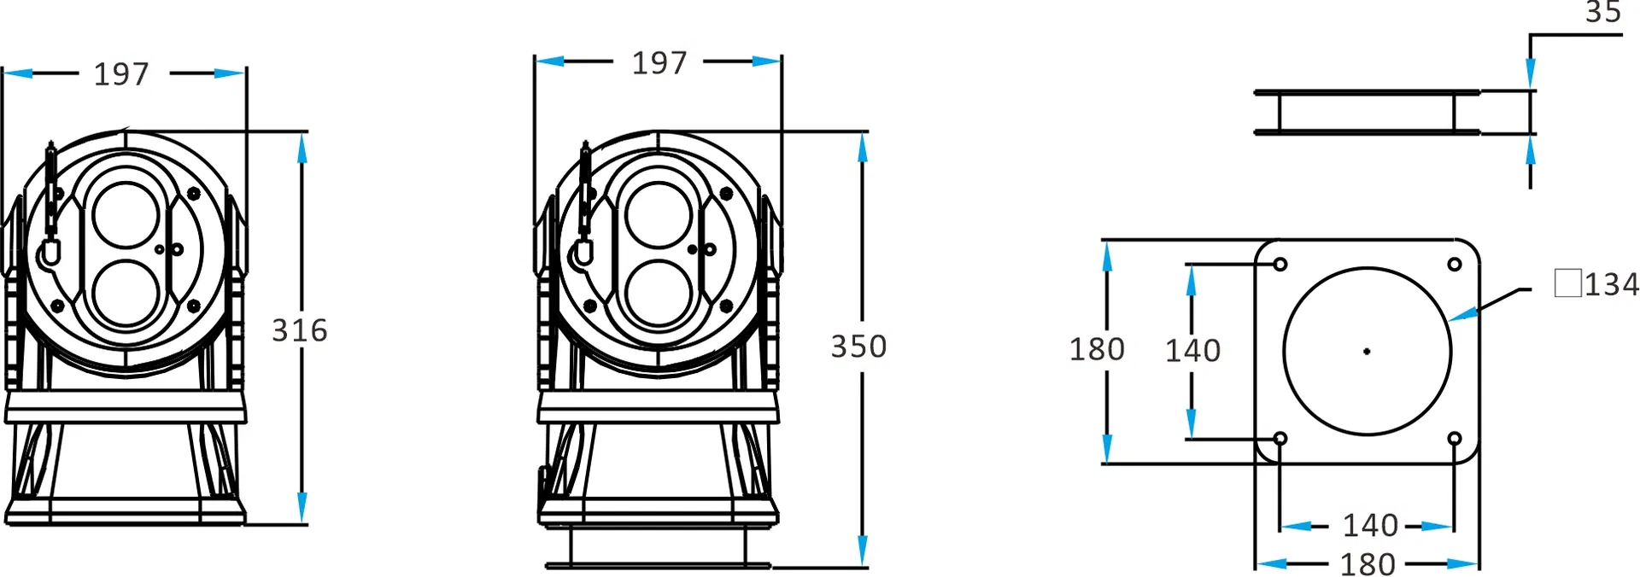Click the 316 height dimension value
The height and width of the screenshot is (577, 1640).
[299, 330]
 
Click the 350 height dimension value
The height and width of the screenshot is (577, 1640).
[858, 347]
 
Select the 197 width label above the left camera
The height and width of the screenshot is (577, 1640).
[121, 74]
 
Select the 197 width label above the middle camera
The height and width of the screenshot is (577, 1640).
[659, 63]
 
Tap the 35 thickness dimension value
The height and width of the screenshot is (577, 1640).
[1602, 12]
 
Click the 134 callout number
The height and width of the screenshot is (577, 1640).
[1612, 284]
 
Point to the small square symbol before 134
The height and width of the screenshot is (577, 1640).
[1567, 283]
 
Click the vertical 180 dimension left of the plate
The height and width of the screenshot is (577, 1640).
[1097, 349]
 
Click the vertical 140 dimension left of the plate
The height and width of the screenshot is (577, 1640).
[1192, 351]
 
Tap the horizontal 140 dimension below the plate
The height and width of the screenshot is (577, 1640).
[1369, 525]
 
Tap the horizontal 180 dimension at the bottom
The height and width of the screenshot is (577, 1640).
[1367, 564]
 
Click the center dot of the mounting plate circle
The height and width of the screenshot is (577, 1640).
[1367, 352]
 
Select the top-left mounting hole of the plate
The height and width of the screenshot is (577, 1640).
[1280, 265]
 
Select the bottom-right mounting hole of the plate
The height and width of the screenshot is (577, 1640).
[1455, 440]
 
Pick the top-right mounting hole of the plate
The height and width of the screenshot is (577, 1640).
[1455, 265]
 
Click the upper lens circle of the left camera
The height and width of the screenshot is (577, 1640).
[126, 213]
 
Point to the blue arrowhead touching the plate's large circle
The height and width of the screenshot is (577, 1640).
[1463, 315]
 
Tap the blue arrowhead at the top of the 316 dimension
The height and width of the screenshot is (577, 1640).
[302, 148]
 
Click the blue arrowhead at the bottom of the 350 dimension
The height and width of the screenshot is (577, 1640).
[862, 551]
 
